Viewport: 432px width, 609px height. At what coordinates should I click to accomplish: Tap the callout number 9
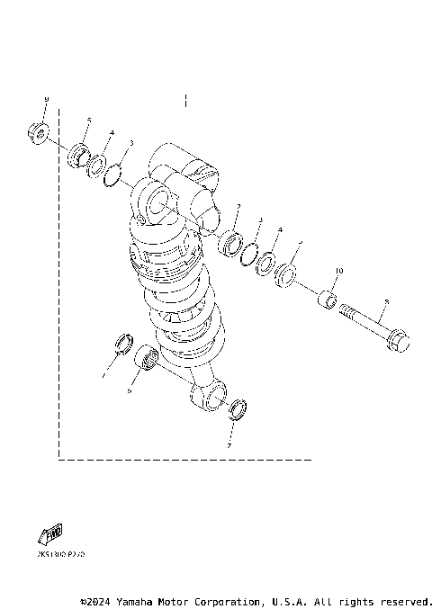46,99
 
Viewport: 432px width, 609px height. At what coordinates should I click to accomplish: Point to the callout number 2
238,207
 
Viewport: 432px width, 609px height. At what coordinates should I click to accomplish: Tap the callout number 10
339,271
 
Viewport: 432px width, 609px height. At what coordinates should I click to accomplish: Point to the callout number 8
385,303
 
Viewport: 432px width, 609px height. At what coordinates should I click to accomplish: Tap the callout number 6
129,391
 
